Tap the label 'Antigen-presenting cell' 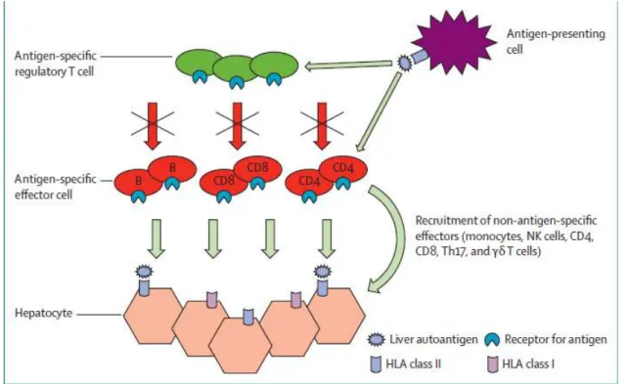pyautogui.click(x=556, y=41)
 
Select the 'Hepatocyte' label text pyautogui.click(x=44, y=313)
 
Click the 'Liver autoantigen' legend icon pyautogui.click(x=377, y=340)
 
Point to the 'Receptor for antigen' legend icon pyautogui.click(x=492, y=340)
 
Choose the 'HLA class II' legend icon pyautogui.click(x=376, y=364)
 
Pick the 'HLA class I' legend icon pyautogui.click(x=493, y=364)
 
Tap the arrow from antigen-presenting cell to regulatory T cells pyautogui.click(x=348, y=65)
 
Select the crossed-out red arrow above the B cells pyautogui.click(x=153, y=126)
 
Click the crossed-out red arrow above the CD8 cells pyautogui.click(x=238, y=126)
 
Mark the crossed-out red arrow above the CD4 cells pyautogui.click(x=322, y=126)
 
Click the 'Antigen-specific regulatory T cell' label pyautogui.click(x=56, y=64)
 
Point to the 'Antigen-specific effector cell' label pyautogui.click(x=56, y=187)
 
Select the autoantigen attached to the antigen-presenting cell pyautogui.click(x=403, y=63)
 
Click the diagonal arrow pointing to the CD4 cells pyautogui.click(x=380, y=112)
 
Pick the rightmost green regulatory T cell pyautogui.click(x=275, y=65)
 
